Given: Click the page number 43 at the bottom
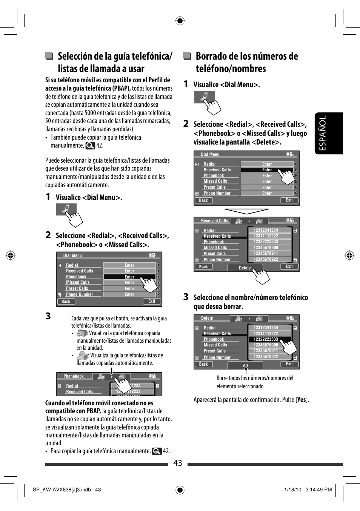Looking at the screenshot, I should [178, 463].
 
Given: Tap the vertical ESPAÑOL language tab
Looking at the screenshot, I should [328, 133].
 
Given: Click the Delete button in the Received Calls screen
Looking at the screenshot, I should [245, 268].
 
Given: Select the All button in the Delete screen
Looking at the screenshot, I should [245, 365].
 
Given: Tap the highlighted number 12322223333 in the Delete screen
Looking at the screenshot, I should [266, 339].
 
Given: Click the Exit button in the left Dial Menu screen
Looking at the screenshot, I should [152, 301].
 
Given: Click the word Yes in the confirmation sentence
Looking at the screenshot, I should [302, 400].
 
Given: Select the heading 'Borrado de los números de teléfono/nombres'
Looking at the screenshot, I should [246, 62].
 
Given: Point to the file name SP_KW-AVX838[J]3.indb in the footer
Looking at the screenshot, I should [62, 489].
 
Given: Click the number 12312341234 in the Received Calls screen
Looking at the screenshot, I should [266, 230].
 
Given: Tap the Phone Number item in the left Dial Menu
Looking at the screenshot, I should [79, 294].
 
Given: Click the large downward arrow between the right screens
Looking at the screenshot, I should [246, 211].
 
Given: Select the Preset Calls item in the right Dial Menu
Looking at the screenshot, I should [214, 187].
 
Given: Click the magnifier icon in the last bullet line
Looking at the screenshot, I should [157, 451].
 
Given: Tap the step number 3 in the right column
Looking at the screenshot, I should [186, 297].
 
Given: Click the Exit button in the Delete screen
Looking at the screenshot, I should [289, 364].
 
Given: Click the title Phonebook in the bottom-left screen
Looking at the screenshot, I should [74, 376].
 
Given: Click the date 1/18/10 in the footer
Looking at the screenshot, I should [292, 489].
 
